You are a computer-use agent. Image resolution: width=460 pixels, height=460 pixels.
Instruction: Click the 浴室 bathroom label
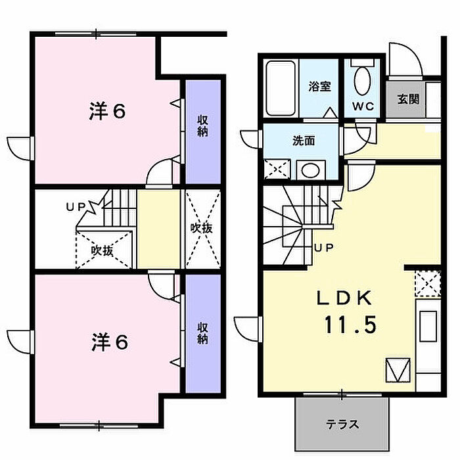[319, 87]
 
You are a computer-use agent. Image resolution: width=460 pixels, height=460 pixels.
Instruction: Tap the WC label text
[363, 106]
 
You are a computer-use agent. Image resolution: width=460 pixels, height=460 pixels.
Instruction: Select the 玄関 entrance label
[408, 99]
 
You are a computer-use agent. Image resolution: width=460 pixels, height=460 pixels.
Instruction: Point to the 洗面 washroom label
[304, 141]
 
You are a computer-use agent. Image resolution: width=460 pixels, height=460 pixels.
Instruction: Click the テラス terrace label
[342, 424]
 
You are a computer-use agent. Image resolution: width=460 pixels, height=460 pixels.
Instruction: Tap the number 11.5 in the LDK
[350, 325]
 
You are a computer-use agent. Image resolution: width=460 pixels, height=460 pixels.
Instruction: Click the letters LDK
[345, 298]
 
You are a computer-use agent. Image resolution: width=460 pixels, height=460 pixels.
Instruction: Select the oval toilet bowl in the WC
[362, 81]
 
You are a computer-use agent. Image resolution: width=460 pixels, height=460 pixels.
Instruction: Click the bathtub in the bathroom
[281, 89]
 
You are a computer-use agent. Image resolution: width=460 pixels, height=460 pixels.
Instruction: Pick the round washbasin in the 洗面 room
[310, 170]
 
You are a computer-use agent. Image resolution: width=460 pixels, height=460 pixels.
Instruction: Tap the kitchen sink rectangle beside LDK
[428, 326]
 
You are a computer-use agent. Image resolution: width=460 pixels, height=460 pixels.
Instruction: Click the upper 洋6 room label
[107, 111]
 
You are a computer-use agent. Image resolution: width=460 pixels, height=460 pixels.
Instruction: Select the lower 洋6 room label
[110, 342]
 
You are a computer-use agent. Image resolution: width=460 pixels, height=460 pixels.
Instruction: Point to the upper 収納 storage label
[202, 126]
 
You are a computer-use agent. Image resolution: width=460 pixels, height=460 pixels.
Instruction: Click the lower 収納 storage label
[202, 333]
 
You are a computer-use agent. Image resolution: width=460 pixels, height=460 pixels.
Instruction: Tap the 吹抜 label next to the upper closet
[201, 227]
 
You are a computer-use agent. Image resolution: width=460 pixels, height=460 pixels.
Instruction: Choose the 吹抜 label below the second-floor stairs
[102, 251]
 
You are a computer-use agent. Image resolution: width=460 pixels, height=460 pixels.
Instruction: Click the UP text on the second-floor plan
[76, 207]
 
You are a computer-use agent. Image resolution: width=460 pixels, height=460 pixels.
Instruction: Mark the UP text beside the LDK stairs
[324, 248]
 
